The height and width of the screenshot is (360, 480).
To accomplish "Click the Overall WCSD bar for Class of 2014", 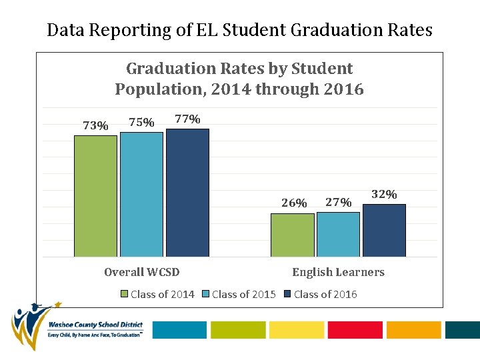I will click(95, 196).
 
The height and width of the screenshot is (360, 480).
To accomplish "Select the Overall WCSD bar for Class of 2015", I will click(141, 194).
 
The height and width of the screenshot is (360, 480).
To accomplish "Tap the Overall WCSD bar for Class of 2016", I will click(187, 193).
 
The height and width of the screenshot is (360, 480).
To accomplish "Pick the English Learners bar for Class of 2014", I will click(292, 235).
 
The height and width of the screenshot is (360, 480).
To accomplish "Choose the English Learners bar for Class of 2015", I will click(338, 234).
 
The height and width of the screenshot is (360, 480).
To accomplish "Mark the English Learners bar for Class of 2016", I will click(384, 230).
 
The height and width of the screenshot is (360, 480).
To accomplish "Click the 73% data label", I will click(95, 125).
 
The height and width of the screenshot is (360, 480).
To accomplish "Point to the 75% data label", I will click(141, 122).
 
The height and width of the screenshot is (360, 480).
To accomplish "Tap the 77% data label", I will click(187, 119).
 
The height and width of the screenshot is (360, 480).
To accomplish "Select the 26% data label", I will click(294, 203).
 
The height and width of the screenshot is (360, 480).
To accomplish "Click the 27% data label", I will click(338, 202).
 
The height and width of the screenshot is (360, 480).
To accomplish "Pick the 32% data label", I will click(384, 194).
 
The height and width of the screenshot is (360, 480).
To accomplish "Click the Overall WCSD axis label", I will click(142, 272).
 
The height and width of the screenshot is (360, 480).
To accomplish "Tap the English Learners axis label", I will click(338, 272).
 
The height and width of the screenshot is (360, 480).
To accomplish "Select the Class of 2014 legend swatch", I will click(124, 294).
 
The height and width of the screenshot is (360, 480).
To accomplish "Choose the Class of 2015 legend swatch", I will click(206, 294).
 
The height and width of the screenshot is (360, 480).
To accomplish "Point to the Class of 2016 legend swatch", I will click(287, 294).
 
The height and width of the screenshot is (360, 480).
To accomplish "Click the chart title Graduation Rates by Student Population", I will click(239, 79).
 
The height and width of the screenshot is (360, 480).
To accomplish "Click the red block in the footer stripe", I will click(355, 330).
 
